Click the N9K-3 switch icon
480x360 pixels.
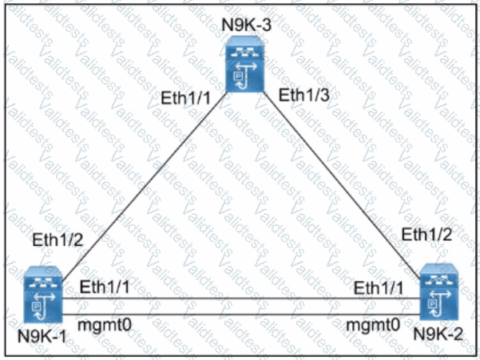coord(244,64)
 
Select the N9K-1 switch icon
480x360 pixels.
coord(43,295)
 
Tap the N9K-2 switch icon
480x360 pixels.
coord(439,292)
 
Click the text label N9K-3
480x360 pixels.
coord(247,25)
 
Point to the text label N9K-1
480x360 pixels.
coord(42,336)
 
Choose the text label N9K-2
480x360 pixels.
coord(438,334)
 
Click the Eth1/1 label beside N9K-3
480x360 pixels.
coord(186,98)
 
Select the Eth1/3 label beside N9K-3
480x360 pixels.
coord(304,95)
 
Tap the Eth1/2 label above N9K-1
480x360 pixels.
coord(58,239)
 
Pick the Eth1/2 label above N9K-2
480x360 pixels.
coord(426,235)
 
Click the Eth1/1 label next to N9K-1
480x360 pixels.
coord(105,287)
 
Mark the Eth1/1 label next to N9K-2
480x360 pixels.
coord(379,288)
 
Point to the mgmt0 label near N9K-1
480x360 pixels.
coord(105,324)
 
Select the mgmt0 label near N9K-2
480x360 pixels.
coord(373,324)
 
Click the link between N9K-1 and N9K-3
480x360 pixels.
coord(145,186)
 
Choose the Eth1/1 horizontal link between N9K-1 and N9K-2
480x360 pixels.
coord(241,299)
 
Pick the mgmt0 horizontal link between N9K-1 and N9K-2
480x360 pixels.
coord(241,315)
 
